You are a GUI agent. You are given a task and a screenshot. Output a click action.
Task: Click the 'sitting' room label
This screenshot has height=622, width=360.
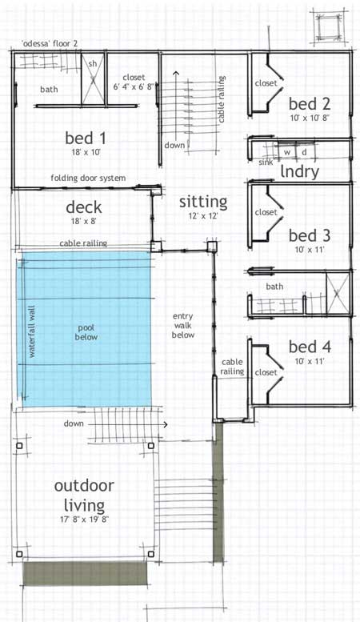pos(202,201)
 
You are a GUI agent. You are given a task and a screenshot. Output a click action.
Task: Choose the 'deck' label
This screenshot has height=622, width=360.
pos(83,208)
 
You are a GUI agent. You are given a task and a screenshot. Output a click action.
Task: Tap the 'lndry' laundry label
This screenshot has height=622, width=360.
pos(300,171)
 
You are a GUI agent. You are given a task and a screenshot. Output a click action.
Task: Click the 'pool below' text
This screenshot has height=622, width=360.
pos(86,332)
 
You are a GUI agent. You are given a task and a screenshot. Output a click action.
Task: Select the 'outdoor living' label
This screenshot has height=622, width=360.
pos(84,495)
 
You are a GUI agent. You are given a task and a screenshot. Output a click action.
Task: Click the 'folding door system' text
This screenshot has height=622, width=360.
pos(87,178)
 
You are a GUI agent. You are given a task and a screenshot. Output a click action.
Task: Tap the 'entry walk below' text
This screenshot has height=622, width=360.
pos(183,325)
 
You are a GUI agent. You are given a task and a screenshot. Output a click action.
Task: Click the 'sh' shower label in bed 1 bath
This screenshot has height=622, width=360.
pos(93,63)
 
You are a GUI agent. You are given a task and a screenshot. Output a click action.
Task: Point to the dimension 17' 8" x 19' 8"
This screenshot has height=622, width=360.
pos(84,519)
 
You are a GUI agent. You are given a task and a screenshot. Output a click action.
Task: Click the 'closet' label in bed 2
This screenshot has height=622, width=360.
pos(266,83)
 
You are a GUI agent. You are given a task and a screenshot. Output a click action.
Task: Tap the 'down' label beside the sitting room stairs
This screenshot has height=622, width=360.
pos(174,146)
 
